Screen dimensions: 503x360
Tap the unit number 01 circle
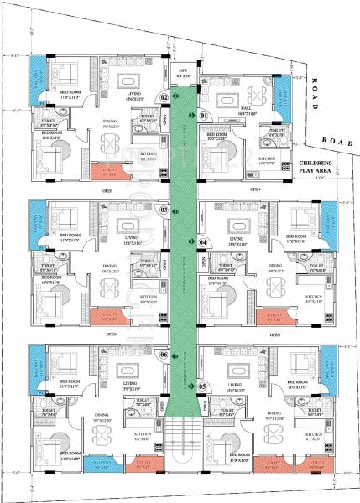203,114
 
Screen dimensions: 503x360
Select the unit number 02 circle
164,98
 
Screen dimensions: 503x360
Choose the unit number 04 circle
203,242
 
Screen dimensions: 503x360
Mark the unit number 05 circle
202,386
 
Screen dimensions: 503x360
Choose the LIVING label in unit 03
131,240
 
